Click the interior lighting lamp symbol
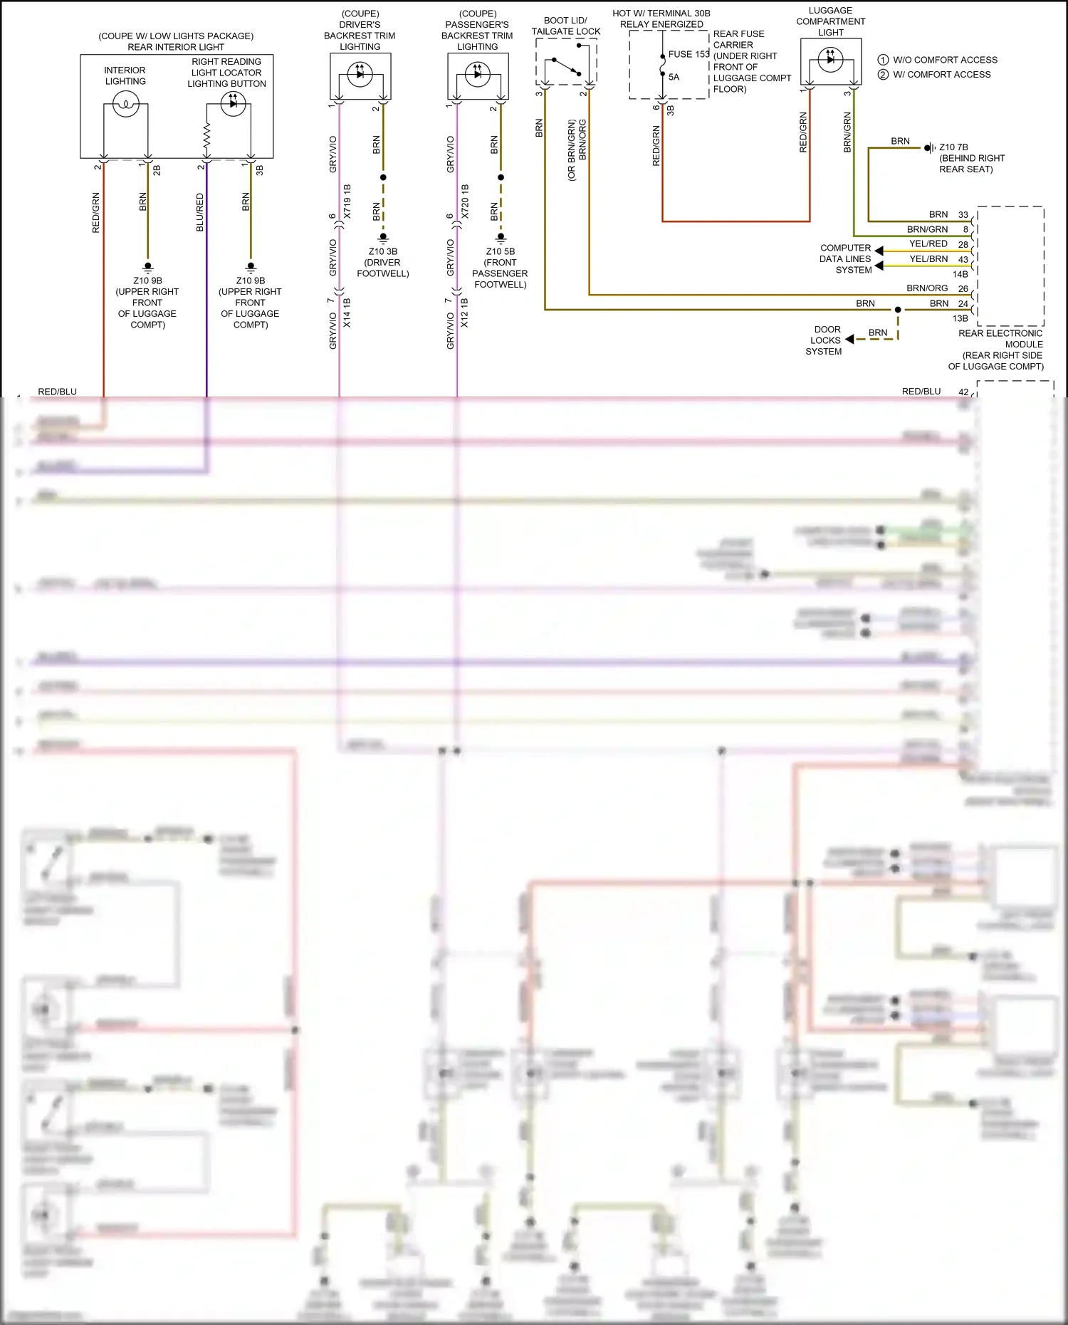[x=126, y=105]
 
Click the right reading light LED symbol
[x=233, y=104]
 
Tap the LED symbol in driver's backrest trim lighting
[x=360, y=74]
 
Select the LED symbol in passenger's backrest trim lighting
[x=477, y=74]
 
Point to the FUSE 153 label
[x=689, y=54]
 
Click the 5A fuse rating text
[x=674, y=77]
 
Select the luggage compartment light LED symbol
[x=830, y=60]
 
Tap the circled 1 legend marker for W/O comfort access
[x=883, y=60]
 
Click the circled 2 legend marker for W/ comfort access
[x=883, y=74]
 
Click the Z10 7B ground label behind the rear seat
[x=953, y=147]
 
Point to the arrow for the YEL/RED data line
[x=879, y=251]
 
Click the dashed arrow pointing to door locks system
[x=850, y=339]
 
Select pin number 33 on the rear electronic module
[x=963, y=214]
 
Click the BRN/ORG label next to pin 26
[x=927, y=288]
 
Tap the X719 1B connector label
[x=347, y=201]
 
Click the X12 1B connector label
[x=465, y=313]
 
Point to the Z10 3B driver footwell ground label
[x=383, y=251]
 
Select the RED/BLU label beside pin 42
[x=921, y=392]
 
